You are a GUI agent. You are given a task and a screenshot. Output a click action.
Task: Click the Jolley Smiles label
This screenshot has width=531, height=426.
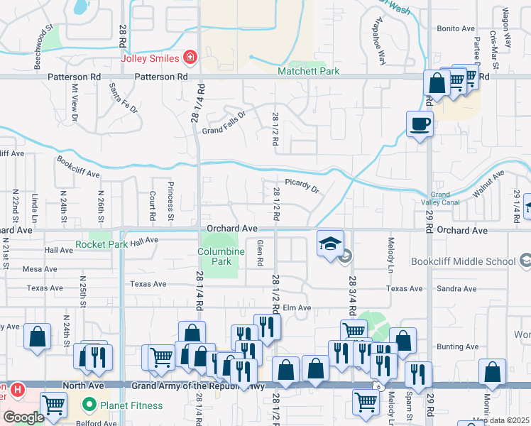click(150, 57)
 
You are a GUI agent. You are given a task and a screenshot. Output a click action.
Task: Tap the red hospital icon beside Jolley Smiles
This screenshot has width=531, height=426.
click(190, 57)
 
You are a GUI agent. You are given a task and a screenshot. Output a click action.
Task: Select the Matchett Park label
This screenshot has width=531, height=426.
click(309, 71)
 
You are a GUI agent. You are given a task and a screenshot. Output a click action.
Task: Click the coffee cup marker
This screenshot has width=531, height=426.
click(420, 124)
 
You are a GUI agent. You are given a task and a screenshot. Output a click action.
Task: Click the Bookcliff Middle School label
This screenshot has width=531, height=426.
click(471, 261)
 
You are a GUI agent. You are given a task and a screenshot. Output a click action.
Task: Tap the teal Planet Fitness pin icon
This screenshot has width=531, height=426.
click(89, 406)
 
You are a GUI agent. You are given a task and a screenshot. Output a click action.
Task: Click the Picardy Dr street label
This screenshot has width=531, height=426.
click(302, 186)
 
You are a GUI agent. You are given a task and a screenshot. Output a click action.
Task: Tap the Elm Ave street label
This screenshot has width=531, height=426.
click(297, 307)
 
